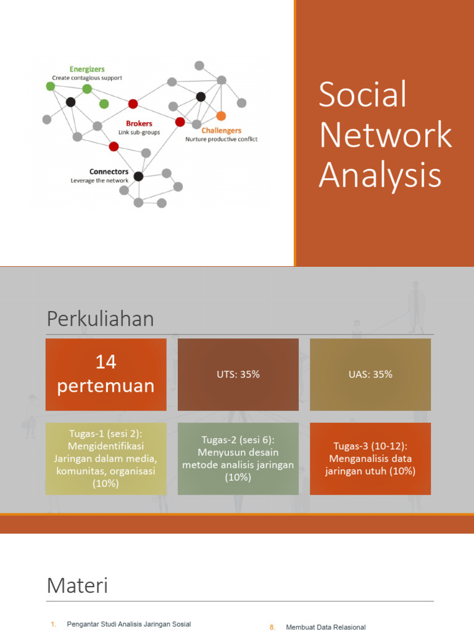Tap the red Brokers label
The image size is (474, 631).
139,123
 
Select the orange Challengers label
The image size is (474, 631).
222,131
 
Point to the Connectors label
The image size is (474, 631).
109,171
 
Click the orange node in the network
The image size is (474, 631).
221,116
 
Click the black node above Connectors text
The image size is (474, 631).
138,176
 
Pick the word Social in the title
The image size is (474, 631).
362,96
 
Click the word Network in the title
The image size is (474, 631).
385,136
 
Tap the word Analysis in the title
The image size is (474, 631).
380,175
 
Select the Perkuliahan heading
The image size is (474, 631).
100,319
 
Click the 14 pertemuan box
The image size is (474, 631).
106,374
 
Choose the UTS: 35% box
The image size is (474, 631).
238,374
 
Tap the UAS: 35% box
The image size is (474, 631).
370,374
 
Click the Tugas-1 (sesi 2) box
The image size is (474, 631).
106,458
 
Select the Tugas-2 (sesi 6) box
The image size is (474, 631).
238,458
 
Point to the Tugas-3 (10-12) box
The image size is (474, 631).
370,458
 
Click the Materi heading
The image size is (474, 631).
77,585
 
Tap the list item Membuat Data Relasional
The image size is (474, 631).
325,627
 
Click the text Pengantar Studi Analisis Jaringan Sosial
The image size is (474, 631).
128,624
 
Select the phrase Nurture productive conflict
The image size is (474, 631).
221,139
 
